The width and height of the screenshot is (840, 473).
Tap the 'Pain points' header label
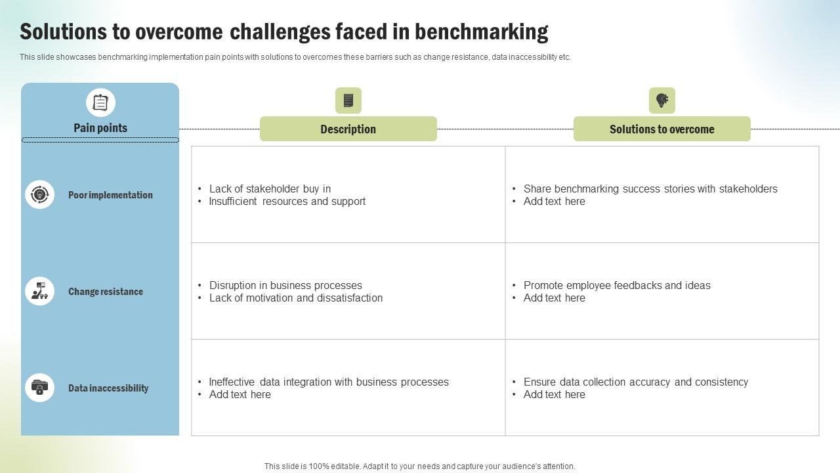point(100,128)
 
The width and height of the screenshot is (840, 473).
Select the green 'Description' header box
point(348,129)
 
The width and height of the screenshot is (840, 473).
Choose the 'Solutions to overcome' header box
point(661,129)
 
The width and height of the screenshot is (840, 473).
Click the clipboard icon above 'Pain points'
point(100,102)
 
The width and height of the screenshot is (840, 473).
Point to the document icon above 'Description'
point(348,101)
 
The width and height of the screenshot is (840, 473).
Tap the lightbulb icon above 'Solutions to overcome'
point(661,101)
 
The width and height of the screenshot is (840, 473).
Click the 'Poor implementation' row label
point(110,195)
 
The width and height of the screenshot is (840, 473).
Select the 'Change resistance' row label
point(106,292)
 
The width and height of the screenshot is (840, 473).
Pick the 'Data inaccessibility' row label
point(108,388)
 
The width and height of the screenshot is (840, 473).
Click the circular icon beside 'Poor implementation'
point(39,194)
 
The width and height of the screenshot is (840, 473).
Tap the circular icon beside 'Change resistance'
point(39,291)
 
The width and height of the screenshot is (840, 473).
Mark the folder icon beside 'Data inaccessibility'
point(39,388)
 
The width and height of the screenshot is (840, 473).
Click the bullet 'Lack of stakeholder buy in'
point(270,189)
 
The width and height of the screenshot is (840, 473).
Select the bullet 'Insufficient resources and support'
point(287,202)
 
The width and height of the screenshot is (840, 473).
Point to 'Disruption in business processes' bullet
point(285,286)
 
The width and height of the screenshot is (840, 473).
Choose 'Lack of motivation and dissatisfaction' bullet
point(295,298)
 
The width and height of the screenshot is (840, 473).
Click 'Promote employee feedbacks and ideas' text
point(617,286)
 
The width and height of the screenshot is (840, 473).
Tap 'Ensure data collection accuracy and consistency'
point(635,382)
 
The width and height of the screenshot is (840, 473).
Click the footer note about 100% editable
point(420,466)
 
